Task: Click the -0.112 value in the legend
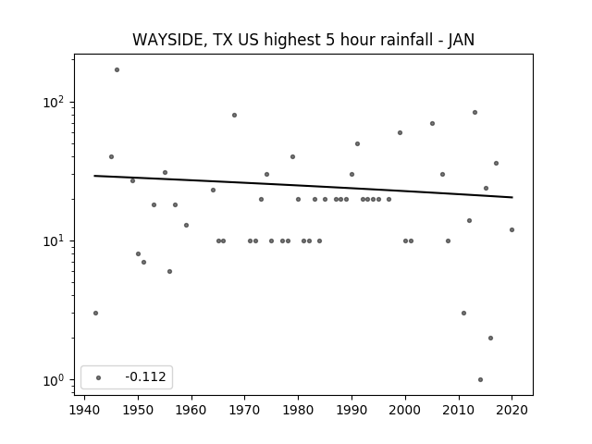point(146,376)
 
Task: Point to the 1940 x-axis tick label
point(84,410)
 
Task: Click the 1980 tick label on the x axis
point(298,410)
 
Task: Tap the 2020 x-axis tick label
point(512,410)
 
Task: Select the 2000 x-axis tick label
point(405,410)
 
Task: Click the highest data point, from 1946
point(117,70)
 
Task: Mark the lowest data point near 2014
point(480,380)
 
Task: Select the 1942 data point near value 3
point(95,313)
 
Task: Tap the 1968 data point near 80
point(234,115)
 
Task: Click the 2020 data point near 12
point(512,230)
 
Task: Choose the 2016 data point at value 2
point(490,338)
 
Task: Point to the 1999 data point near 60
point(400,132)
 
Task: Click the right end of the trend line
point(512,197)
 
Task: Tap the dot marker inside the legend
point(99,377)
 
